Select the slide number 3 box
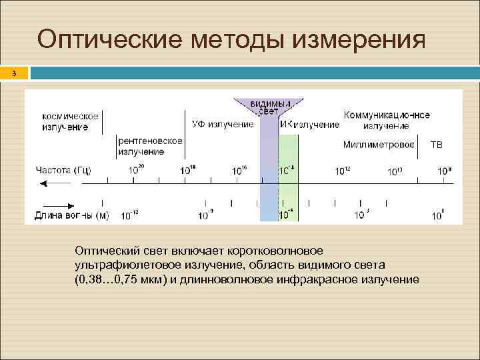point(13,73)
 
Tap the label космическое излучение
point(70,121)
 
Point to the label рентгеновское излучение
point(150,146)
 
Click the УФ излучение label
point(223,124)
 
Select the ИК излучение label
point(309,125)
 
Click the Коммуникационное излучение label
point(386,120)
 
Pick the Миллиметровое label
point(379,145)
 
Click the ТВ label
point(436,145)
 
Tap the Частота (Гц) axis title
point(63,171)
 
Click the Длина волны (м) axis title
point(71,215)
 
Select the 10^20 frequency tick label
point(135,171)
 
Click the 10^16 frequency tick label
point(239,171)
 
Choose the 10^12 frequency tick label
point(342,171)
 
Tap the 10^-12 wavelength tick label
point(130,215)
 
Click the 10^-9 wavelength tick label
point(206,215)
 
